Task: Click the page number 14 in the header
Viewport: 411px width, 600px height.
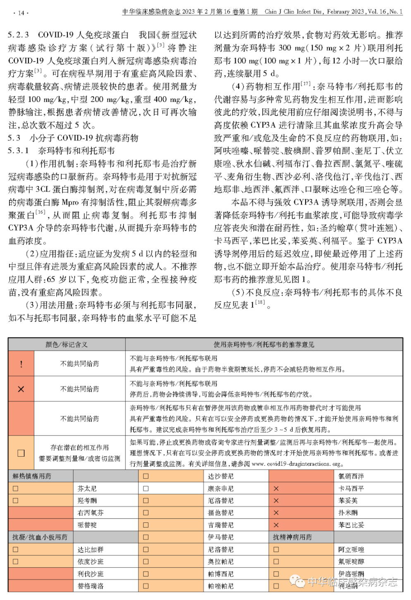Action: (x=21, y=13)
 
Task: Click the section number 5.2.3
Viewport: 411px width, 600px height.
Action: (x=19, y=35)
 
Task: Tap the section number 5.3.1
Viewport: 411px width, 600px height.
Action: (x=19, y=151)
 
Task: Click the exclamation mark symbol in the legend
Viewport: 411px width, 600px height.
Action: (x=21, y=364)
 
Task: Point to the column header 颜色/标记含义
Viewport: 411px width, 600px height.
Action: (x=67, y=344)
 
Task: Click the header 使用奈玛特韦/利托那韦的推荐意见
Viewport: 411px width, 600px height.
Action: (x=264, y=344)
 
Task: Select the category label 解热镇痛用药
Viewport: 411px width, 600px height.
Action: (x=32, y=476)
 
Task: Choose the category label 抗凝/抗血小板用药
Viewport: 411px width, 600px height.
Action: (x=40, y=537)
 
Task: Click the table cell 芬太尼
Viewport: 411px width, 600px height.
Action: (x=87, y=489)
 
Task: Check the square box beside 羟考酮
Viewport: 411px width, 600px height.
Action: (x=16, y=500)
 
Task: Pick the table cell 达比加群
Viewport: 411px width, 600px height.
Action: (x=91, y=550)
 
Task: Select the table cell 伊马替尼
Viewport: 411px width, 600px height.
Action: (x=220, y=537)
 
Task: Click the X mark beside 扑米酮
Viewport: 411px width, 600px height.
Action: (x=276, y=513)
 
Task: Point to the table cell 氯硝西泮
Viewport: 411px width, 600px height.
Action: (x=351, y=476)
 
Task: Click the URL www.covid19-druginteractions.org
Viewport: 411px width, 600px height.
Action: (x=297, y=464)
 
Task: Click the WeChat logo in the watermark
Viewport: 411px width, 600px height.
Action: (x=297, y=581)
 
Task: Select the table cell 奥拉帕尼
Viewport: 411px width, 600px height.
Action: (x=220, y=562)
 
